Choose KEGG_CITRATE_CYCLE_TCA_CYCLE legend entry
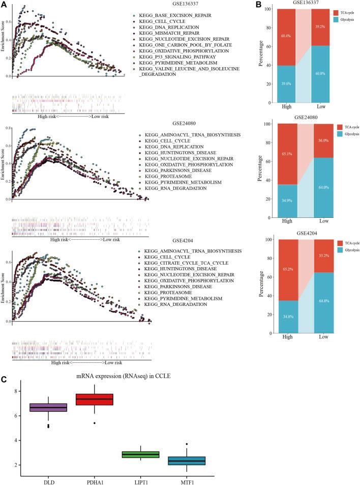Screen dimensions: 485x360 click(182, 263)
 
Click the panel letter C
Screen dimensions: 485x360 click(4, 364)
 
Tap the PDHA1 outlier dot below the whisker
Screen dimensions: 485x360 click(95, 423)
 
